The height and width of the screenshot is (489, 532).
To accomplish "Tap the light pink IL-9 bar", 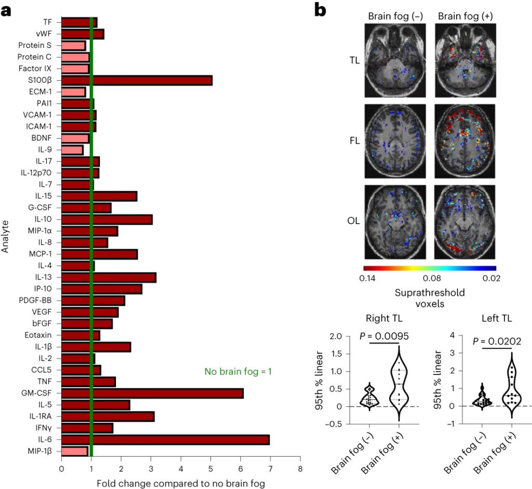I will (x=72, y=150).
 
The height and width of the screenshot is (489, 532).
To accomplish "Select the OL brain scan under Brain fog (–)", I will (x=395, y=222).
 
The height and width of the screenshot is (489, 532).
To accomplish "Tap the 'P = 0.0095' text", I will (x=384, y=336).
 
